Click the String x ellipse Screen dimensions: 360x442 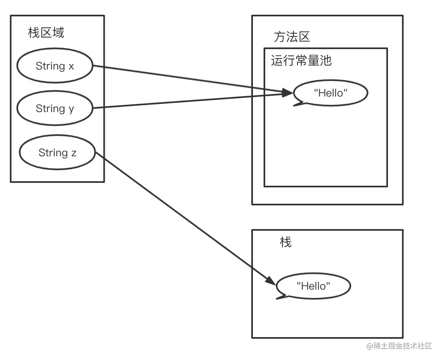pyautogui.click(x=54, y=66)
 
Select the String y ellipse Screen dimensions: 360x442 pyautogui.click(x=54, y=108)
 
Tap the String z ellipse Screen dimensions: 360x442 pyautogui.click(x=57, y=153)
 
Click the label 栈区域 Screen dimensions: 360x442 pyautogui.click(x=46, y=33)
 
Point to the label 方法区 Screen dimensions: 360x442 pyautogui.click(x=291, y=37)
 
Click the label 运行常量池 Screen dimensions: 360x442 pyautogui.click(x=301, y=61)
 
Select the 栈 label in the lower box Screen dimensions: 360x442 pyautogui.click(x=285, y=242)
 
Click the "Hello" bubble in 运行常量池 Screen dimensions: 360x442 pyautogui.click(x=330, y=93)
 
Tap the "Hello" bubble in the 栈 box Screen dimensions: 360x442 pyautogui.click(x=313, y=286)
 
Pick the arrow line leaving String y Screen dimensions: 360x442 pyautogui.click(x=184, y=101)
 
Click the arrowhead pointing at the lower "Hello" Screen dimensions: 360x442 pyautogui.click(x=271, y=281)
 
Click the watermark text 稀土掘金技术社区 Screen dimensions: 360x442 pyautogui.click(x=399, y=346)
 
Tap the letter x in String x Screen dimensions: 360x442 pyautogui.click(x=71, y=66)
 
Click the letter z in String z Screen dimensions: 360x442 pyautogui.click(x=74, y=153)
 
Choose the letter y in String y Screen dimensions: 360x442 pyautogui.click(x=72, y=109)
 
